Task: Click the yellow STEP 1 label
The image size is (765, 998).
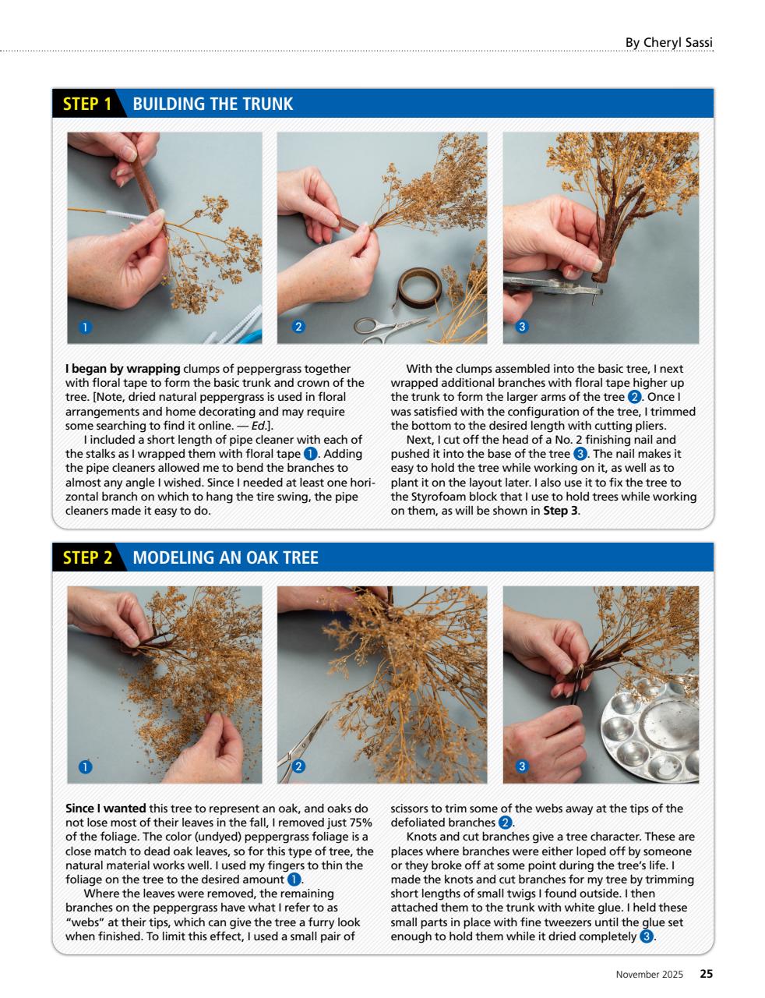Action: point(86,104)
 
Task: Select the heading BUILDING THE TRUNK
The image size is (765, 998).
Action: point(213,104)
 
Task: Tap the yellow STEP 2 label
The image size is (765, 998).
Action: point(87,557)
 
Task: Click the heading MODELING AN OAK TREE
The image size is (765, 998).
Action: point(225,557)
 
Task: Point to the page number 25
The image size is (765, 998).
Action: point(705,974)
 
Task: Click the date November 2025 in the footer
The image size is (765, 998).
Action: point(649,974)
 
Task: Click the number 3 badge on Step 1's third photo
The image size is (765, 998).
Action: point(524,327)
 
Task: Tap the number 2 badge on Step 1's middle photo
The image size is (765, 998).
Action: point(297,327)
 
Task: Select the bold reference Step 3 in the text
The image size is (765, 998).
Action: point(560,511)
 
